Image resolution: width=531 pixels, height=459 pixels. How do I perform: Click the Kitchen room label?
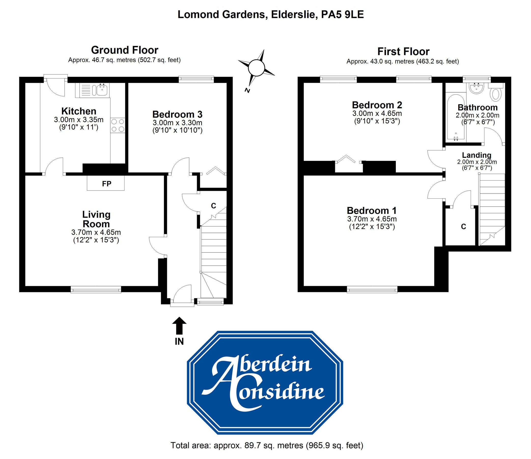point(79,111)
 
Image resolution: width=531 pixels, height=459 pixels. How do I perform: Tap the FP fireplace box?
point(106,184)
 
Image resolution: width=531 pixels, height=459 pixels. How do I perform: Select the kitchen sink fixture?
point(101,90)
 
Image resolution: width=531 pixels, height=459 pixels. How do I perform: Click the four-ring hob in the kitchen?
point(118,125)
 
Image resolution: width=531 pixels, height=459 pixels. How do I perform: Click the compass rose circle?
point(256,68)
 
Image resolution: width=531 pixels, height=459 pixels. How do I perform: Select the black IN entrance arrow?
point(179,325)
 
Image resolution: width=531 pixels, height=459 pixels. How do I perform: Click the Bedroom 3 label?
point(177,114)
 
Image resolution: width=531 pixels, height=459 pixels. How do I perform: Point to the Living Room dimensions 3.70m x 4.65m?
point(96,232)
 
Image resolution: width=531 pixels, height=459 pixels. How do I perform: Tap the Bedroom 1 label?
point(372,211)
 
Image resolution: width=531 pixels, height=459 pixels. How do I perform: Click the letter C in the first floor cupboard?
point(463,226)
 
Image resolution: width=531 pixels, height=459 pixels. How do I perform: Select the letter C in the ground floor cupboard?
point(213,206)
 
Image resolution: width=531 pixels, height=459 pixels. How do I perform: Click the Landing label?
point(477,155)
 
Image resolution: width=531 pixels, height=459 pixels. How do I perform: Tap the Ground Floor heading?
point(124,50)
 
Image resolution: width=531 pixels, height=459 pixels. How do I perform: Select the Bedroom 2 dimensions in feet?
point(377,121)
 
